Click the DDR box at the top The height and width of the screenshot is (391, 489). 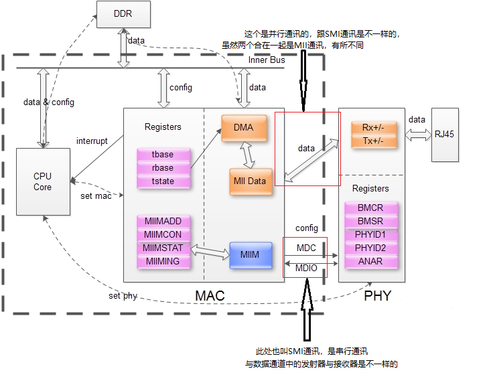click(x=123, y=15)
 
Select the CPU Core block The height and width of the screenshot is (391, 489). click(x=43, y=182)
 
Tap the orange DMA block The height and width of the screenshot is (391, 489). click(x=244, y=128)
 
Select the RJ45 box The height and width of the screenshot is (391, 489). click(x=444, y=134)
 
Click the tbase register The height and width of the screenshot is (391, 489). click(x=163, y=155)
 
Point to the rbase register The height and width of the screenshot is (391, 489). click(x=163, y=168)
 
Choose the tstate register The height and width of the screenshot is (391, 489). click(x=163, y=181)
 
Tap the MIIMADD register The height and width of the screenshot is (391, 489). click(x=163, y=222)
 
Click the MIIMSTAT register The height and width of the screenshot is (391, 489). click(x=163, y=248)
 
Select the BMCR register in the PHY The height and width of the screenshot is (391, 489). click(x=370, y=208)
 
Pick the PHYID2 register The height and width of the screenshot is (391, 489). click(x=370, y=248)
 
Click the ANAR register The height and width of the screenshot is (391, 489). click(x=370, y=262)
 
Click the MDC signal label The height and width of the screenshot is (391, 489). click(x=306, y=248)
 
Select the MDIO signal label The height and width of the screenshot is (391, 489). click(x=306, y=269)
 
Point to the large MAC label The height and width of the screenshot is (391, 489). click(x=210, y=295)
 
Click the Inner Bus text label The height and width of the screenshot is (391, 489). click(x=267, y=60)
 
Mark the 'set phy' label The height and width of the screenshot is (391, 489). click(x=123, y=296)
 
